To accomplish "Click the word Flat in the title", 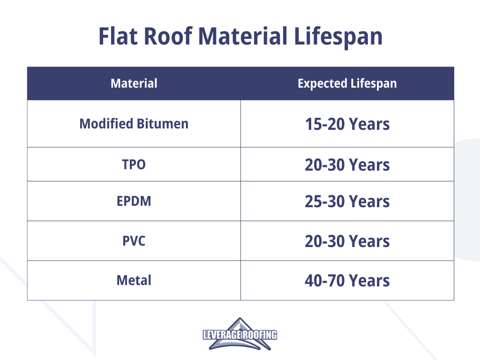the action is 118,36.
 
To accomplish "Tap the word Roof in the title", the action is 168,36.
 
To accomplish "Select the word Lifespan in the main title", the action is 338,37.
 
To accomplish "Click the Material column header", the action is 134,83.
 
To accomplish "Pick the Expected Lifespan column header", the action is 347,83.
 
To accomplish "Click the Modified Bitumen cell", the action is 134,124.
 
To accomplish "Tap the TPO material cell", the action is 134,165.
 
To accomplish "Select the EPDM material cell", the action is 134,201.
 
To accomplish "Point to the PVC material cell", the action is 134,241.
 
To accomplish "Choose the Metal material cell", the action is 134,280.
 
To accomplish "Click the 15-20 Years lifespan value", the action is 347,124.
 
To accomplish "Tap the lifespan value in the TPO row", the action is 347,165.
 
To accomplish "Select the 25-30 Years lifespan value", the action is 347,202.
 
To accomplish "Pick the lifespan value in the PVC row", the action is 347,241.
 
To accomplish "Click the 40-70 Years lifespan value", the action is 347,281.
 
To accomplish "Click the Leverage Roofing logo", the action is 240,334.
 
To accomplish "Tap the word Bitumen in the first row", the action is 163,124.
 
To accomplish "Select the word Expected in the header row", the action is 322,83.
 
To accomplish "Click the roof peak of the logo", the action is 240,318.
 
